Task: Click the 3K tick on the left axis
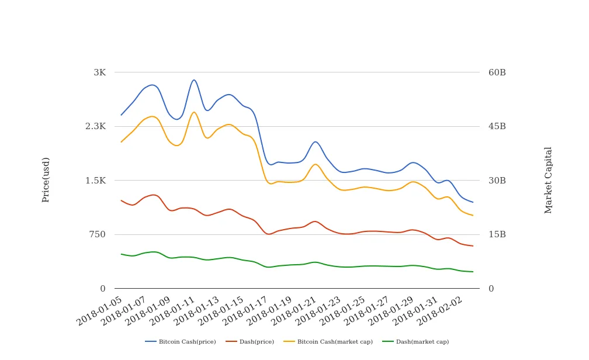(99, 72)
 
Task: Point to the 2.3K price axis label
(95, 126)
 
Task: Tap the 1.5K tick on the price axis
(95, 181)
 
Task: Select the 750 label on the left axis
(98, 234)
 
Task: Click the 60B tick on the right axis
(497, 72)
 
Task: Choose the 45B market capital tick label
(497, 126)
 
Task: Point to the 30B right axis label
(497, 181)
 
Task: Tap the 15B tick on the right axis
(497, 234)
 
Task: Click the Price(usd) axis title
(46, 179)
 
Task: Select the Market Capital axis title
(548, 179)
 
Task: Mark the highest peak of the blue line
(194, 80)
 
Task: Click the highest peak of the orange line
(194, 112)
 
